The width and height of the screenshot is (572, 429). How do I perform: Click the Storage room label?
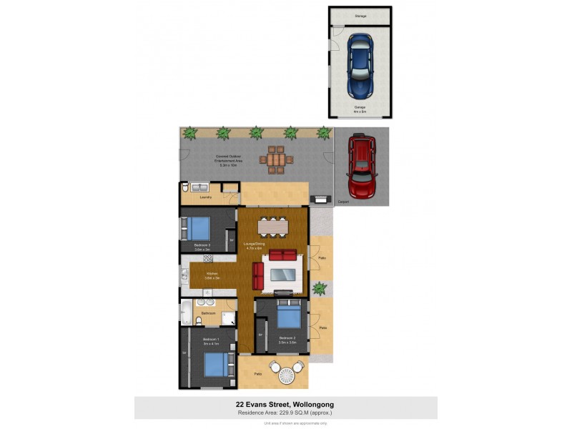click(x=360, y=15)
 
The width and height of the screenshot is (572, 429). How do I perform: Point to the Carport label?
click(x=342, y=202)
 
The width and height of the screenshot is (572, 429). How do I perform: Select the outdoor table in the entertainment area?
click(x=277, y=159)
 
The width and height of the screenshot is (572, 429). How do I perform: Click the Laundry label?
click(x=206, y=197)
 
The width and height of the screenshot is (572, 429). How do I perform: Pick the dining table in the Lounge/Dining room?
click(x=272, y=226)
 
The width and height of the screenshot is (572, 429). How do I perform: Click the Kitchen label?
click(x=212, y=275)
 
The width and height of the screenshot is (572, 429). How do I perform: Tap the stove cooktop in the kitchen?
click(x=208, y=258)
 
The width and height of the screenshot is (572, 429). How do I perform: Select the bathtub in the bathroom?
click(x=187, y=312)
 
